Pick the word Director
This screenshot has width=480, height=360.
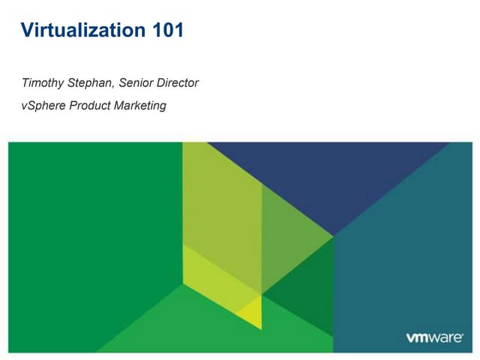[x=178, y=83]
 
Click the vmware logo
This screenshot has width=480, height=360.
[x=434, y=338]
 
